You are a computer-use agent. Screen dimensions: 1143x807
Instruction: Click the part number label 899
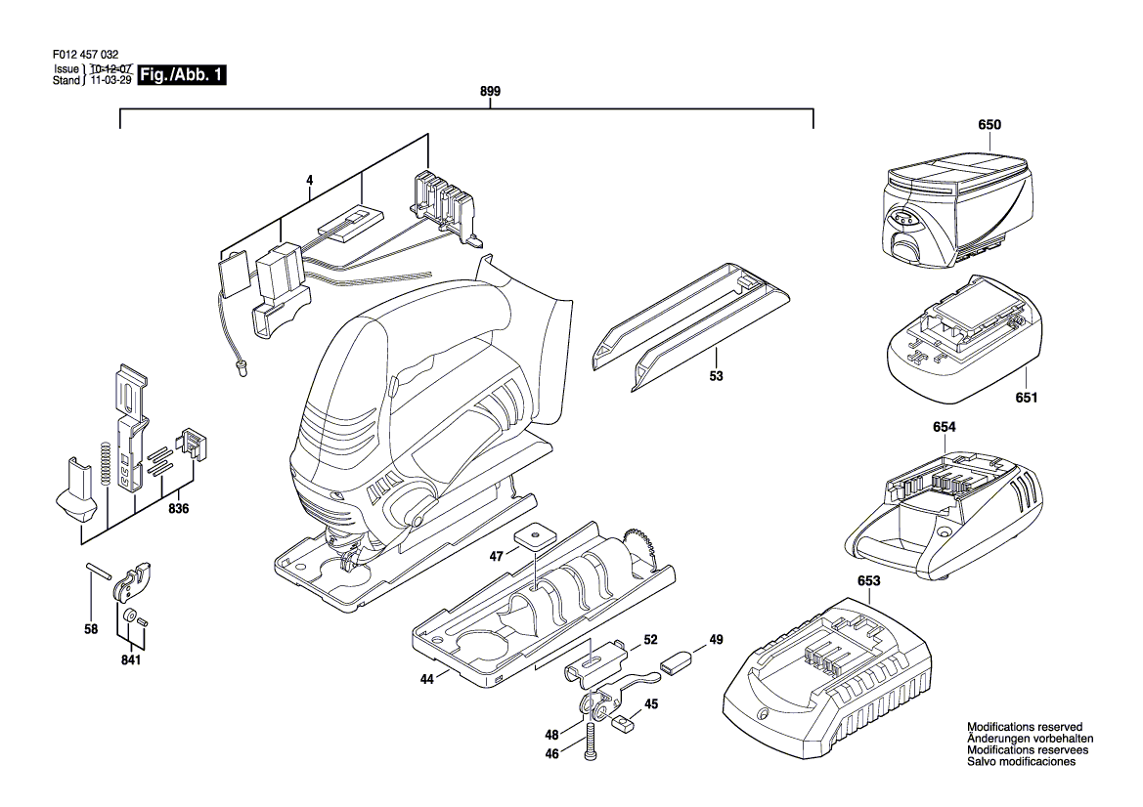pyautogui.click(x=491, y=91)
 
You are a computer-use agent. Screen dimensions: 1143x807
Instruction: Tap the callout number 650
pyautogui.click(x=989, y=124)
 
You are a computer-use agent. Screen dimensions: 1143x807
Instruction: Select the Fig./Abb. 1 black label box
pyautogui.click(x=182, y=75)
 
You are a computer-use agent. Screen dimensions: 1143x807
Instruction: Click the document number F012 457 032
pyautogui.click(x=86, y=55)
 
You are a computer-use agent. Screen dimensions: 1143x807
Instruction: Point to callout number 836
pyautogui.click(x=178, y=508)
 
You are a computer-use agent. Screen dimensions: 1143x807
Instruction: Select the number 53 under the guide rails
pyautogui.click(x=717, y=376)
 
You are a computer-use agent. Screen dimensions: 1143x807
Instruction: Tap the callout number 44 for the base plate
pyautogui.click(x=427, y=679)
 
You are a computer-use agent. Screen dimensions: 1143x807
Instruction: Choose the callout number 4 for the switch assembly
pyautogui.click(x=310, y=179)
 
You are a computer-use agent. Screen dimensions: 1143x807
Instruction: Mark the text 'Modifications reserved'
pyautogui.click(x=1024, y=727)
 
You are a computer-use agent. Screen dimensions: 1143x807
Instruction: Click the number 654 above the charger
pyautogui.click(x=944, y=427)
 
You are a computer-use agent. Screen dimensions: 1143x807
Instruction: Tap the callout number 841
pyautogui.click(x=130, y=659)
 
